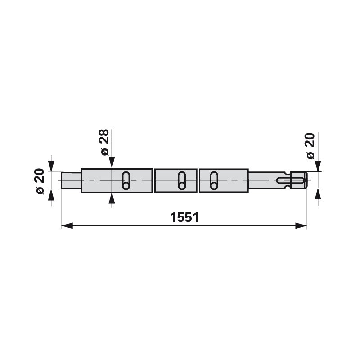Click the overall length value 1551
point(184,217)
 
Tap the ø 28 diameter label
point(105,142)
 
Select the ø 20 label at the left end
point(40,181)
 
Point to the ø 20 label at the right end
point(310,145)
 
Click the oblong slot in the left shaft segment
point(126,181)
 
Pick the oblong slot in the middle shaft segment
point(182,181)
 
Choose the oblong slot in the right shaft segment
point(214,181)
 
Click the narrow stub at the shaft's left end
point(71,180)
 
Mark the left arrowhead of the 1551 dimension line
point(67,226)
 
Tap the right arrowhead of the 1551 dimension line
point(301,226)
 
